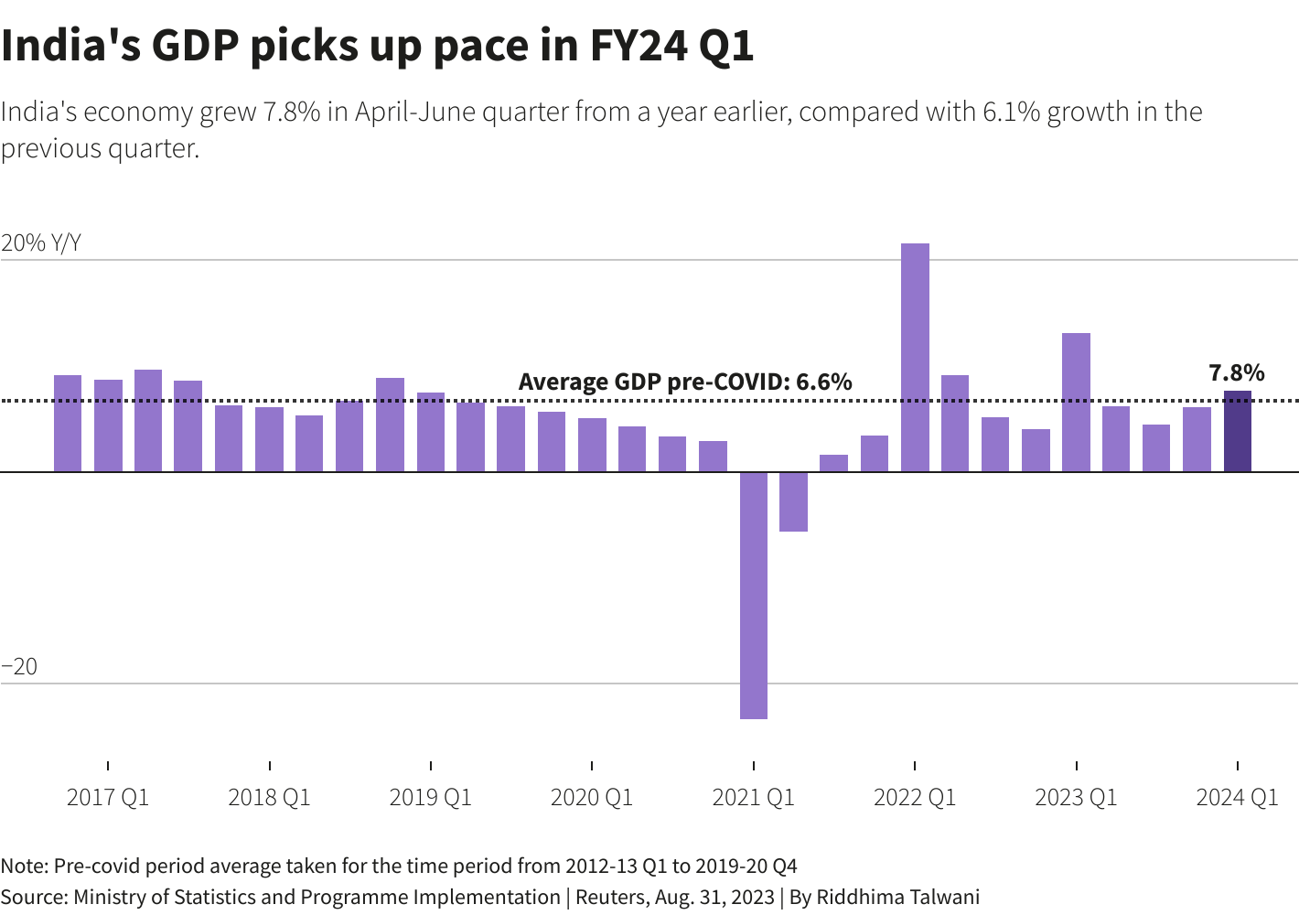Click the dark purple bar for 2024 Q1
1237,432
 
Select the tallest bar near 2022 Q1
915,358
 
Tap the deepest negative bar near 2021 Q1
754,595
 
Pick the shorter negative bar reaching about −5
793,501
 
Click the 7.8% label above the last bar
1236,372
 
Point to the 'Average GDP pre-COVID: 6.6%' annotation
684,382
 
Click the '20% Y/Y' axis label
41,242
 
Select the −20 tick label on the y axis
19,667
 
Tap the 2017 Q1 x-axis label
108,798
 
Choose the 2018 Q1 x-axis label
269,798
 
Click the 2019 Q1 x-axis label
431,798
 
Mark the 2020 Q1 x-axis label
592,798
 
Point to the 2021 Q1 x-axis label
753,798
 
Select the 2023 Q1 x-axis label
1076,798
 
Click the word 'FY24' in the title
638,46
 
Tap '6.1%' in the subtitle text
1011,112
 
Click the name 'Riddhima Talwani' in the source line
897,897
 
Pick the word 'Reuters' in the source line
609,897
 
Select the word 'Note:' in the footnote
25,866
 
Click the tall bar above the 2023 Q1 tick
1076,403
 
